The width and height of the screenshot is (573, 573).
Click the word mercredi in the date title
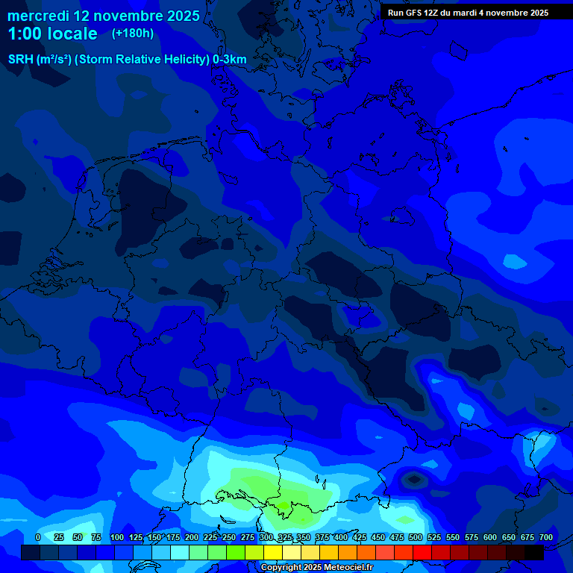coord(37,16)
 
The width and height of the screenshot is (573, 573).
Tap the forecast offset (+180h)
coord(133,33)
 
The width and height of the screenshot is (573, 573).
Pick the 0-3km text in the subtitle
coord(230,60)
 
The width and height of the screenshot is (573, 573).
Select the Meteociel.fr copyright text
coord(317,568)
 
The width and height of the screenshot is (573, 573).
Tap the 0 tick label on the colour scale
coord(38,537)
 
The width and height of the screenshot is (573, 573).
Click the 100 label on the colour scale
coord(117,537)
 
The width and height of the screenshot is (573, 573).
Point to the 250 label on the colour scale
coord(229,537)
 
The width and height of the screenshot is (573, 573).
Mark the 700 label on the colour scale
coord(546,537)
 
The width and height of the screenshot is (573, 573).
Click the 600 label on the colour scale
coord(490,537)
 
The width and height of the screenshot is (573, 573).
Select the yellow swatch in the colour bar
coord(273,553)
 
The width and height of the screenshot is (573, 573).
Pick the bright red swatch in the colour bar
coord(422,553)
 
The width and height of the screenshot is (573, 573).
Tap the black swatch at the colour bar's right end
coord(534,553)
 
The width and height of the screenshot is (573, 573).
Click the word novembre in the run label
coord(502,13)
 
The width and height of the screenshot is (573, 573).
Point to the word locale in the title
coord(72,34)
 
